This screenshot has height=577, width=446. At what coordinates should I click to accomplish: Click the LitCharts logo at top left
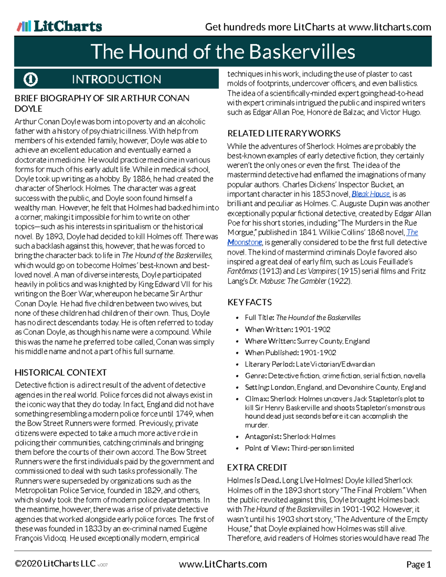pos(59,26)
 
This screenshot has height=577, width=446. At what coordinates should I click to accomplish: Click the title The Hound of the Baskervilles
pos(223,52)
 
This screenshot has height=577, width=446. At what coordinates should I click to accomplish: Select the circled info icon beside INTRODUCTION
pos(30,79)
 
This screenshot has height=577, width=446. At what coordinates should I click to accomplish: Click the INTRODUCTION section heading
pos(116,79)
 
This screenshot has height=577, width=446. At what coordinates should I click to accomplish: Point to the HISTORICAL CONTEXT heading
pos(61,372)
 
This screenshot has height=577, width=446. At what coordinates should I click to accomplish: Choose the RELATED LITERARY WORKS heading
pos(284,133)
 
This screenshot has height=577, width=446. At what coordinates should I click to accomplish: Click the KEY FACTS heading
pos(249,302)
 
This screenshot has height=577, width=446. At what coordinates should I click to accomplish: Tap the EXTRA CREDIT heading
pos(257,467)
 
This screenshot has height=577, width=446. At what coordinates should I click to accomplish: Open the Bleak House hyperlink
pos(371,194)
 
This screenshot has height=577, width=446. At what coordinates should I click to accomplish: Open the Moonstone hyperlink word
pos(245,242)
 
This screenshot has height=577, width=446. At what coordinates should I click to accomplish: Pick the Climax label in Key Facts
pos(257,399)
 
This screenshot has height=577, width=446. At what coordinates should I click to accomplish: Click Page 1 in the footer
pos(418,565)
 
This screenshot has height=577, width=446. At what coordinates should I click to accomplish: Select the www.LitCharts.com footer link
pos(223,564)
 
